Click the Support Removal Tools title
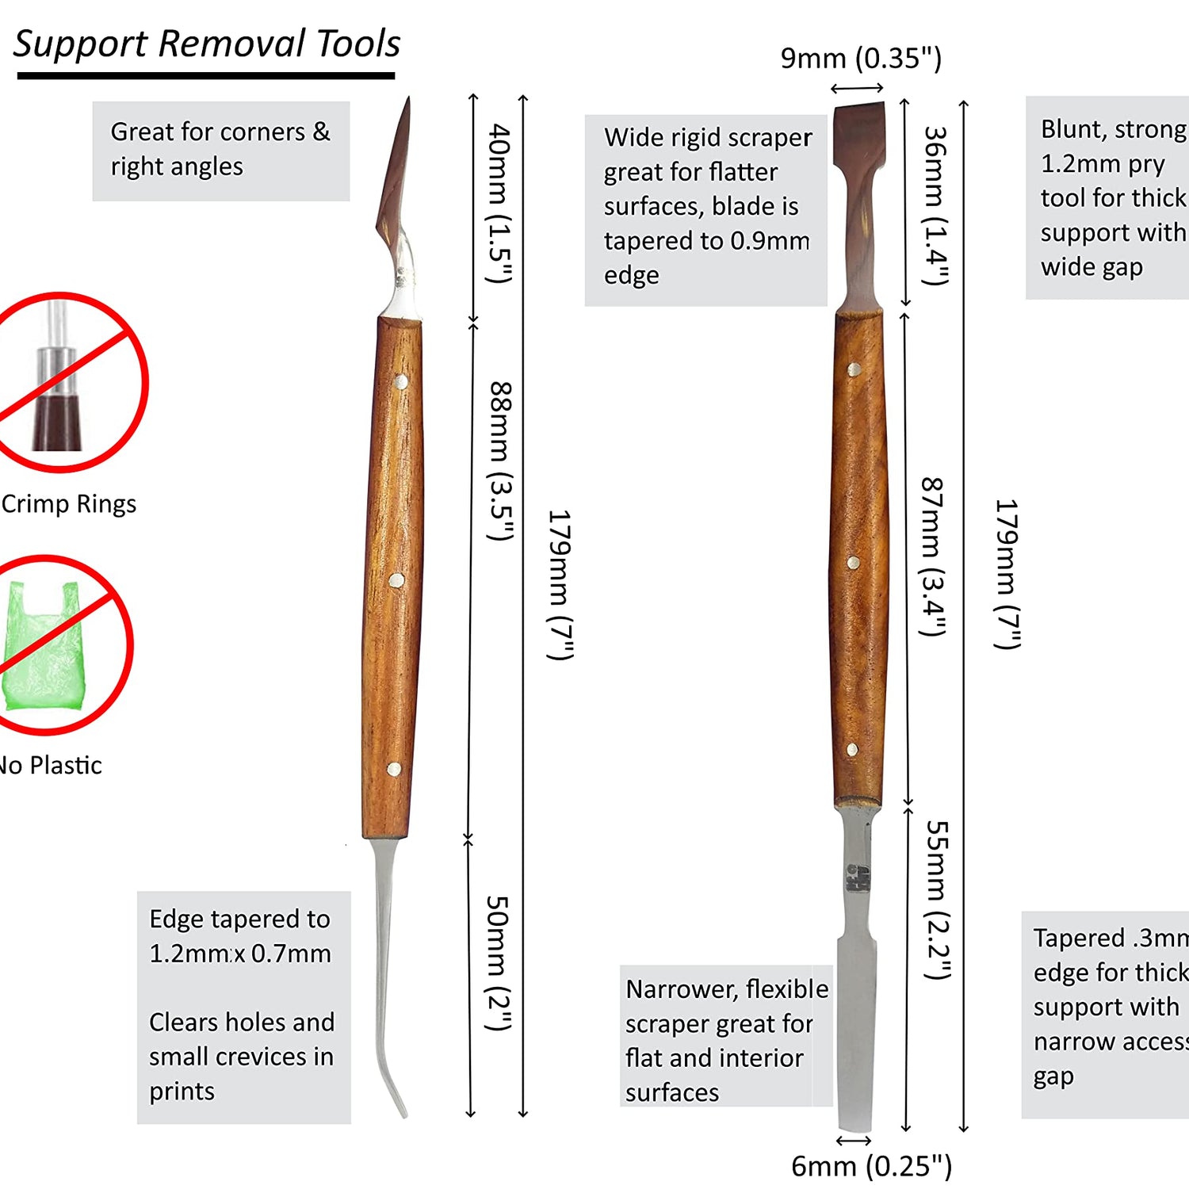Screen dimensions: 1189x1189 point(207,44)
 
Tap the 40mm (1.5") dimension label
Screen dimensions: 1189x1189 point(499,203)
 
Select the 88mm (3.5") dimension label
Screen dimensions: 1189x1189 point(500,461)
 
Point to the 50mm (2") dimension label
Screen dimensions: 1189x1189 point(499,963)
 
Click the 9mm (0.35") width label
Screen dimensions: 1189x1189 point(860,59)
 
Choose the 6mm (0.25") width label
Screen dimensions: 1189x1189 point(871,1166)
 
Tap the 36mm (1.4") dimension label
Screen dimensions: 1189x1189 point(936,205)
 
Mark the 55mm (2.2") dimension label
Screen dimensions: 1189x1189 point(938,900)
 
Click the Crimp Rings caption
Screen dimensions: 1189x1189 point(69,504)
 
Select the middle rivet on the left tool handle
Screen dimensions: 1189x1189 point(396,581)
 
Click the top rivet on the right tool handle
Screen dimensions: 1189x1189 point(854,369)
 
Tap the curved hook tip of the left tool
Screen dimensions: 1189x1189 point(396,1098)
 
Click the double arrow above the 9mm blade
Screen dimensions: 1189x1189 point(857,88)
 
